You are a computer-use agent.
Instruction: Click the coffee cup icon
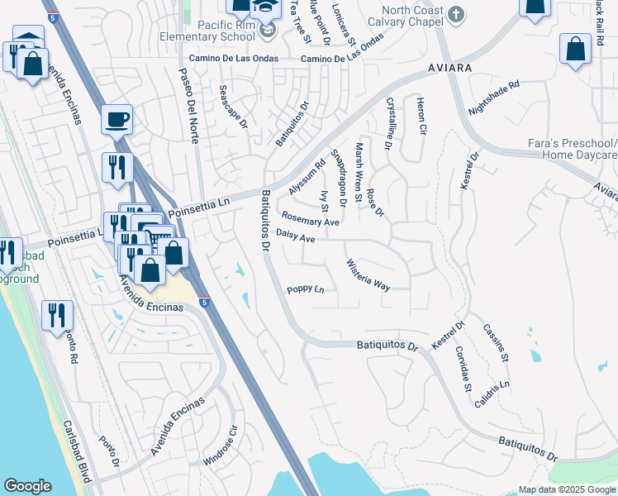coord(117,119)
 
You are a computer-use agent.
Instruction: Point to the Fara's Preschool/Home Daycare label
coord(573,149)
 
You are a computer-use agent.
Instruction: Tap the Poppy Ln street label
coord(305,289)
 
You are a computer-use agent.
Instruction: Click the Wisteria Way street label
coord(368,274)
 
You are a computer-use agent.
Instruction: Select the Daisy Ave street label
coord(296,237)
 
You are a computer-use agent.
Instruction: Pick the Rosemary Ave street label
coord(311,218)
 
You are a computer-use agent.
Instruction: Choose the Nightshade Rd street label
coord(493,97)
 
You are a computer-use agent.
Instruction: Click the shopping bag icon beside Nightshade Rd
coord(575,49)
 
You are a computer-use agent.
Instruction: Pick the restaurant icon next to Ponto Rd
coord(57,315)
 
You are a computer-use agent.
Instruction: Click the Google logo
coord(27,486)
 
